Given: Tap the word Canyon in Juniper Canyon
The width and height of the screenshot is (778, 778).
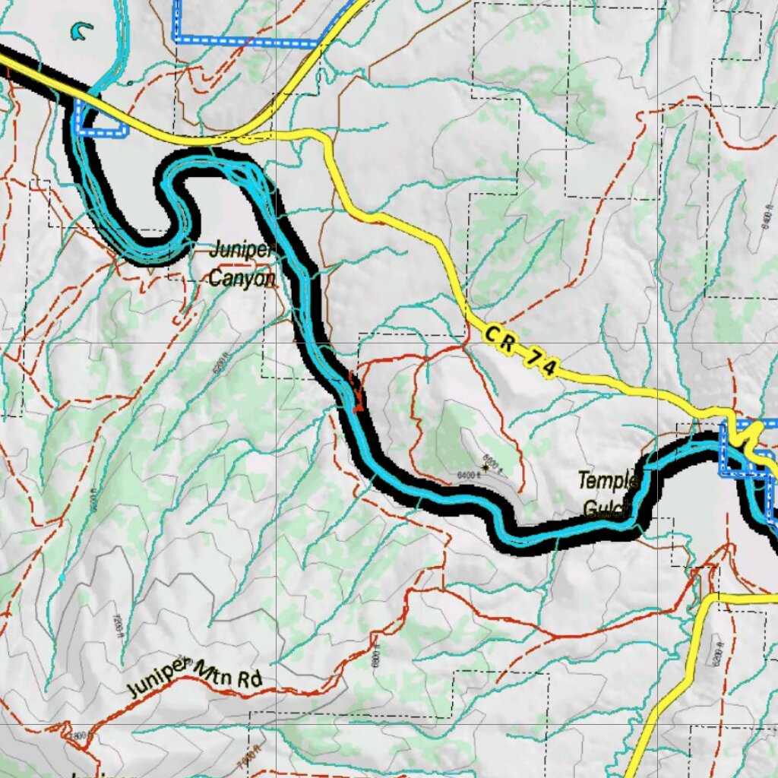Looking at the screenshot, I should [x=242, y=278].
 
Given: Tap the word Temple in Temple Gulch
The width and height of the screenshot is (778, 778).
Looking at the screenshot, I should [x=607, y=481].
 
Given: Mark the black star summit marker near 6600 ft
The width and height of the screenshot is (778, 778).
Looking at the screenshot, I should [x=484, y=469].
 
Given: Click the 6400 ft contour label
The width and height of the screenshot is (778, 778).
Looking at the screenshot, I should [x=470, y=475].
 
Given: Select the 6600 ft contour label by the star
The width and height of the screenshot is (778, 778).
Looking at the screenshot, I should [x=494, y=460].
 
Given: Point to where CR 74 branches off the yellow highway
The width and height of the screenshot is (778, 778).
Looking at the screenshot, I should [x=242, y=138].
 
